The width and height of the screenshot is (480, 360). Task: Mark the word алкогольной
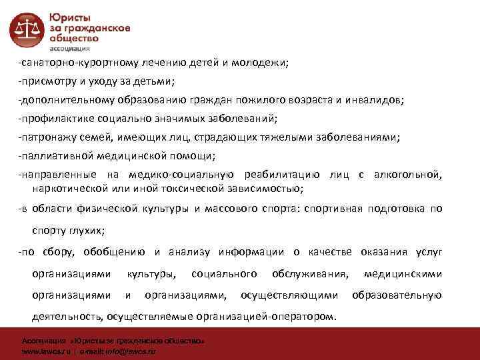pos(407,174)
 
